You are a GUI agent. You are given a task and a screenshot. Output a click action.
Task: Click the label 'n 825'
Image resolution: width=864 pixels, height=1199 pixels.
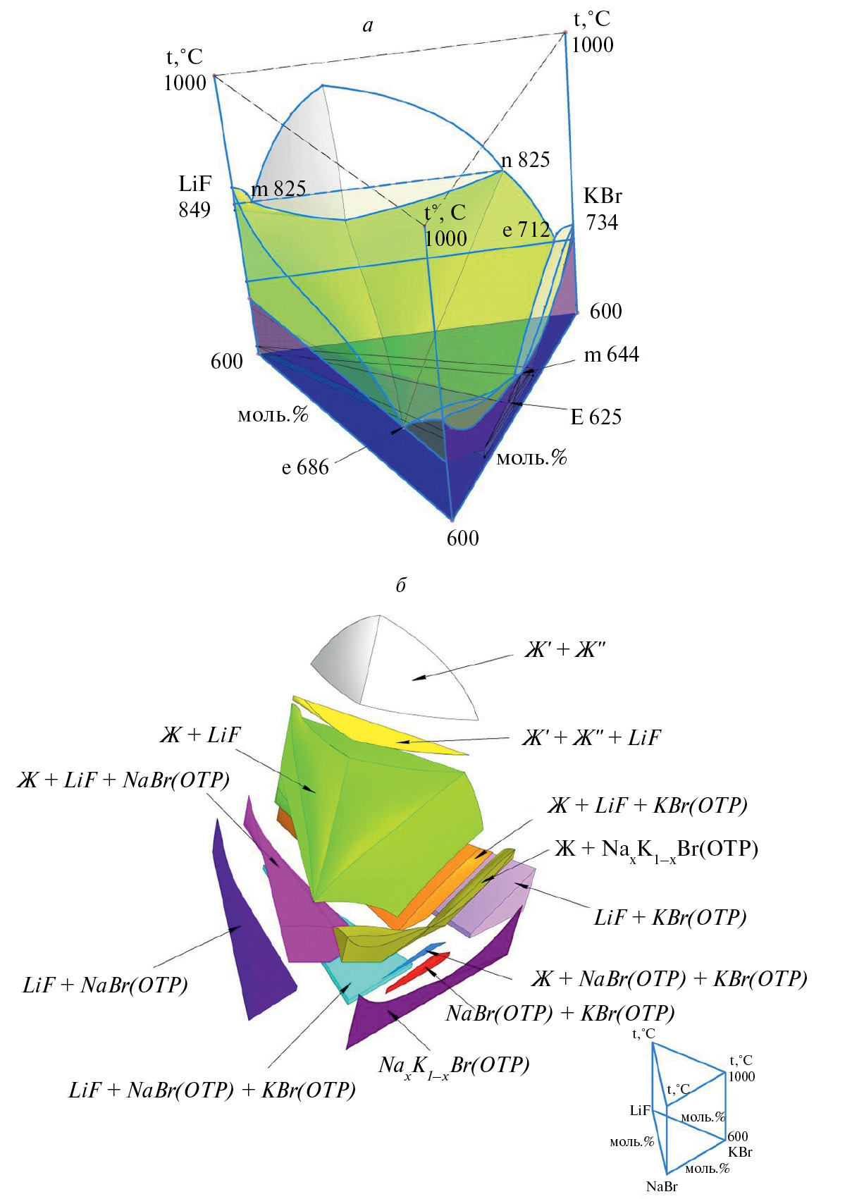coord(525,159)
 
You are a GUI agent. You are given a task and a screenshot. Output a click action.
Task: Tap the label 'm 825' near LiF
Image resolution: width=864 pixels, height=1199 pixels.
coord(278,188)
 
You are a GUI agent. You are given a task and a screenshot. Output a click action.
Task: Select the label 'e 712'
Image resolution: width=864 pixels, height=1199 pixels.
coord(526,229)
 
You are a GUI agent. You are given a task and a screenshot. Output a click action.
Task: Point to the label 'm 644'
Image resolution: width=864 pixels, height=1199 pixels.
coord(611,355)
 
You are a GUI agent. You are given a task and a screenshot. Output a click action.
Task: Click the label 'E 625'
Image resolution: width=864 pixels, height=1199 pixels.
coord(595,417)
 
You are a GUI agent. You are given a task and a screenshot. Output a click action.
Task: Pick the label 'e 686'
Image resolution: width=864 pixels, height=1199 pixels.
coord(305,467)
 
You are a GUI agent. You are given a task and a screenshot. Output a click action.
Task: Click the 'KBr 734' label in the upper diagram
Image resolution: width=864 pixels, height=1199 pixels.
coord(603,209)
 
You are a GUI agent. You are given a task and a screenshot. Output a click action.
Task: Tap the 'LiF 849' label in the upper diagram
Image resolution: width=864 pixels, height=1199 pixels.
coord(195,197)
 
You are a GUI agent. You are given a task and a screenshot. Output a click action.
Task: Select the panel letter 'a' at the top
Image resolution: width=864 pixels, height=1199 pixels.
coord(368,25)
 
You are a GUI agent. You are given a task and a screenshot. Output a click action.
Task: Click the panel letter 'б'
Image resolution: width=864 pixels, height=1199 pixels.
coord(401,585)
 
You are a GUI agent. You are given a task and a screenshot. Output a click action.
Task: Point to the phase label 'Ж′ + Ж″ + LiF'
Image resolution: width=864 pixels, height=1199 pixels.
coord(591,738)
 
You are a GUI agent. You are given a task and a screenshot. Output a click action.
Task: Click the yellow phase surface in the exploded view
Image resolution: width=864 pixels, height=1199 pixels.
coord(380,725)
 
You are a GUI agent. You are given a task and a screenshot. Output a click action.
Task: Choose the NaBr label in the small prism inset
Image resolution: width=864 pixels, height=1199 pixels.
coord(662,1186)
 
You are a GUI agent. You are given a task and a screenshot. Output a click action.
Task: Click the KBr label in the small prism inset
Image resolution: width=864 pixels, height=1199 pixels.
coord(741,1151)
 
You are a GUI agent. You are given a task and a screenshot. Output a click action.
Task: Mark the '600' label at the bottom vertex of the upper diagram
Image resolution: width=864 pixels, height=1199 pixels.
coord(462,538)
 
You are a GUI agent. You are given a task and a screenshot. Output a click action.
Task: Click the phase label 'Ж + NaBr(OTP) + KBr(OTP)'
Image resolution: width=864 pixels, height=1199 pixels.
coord(669,979)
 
